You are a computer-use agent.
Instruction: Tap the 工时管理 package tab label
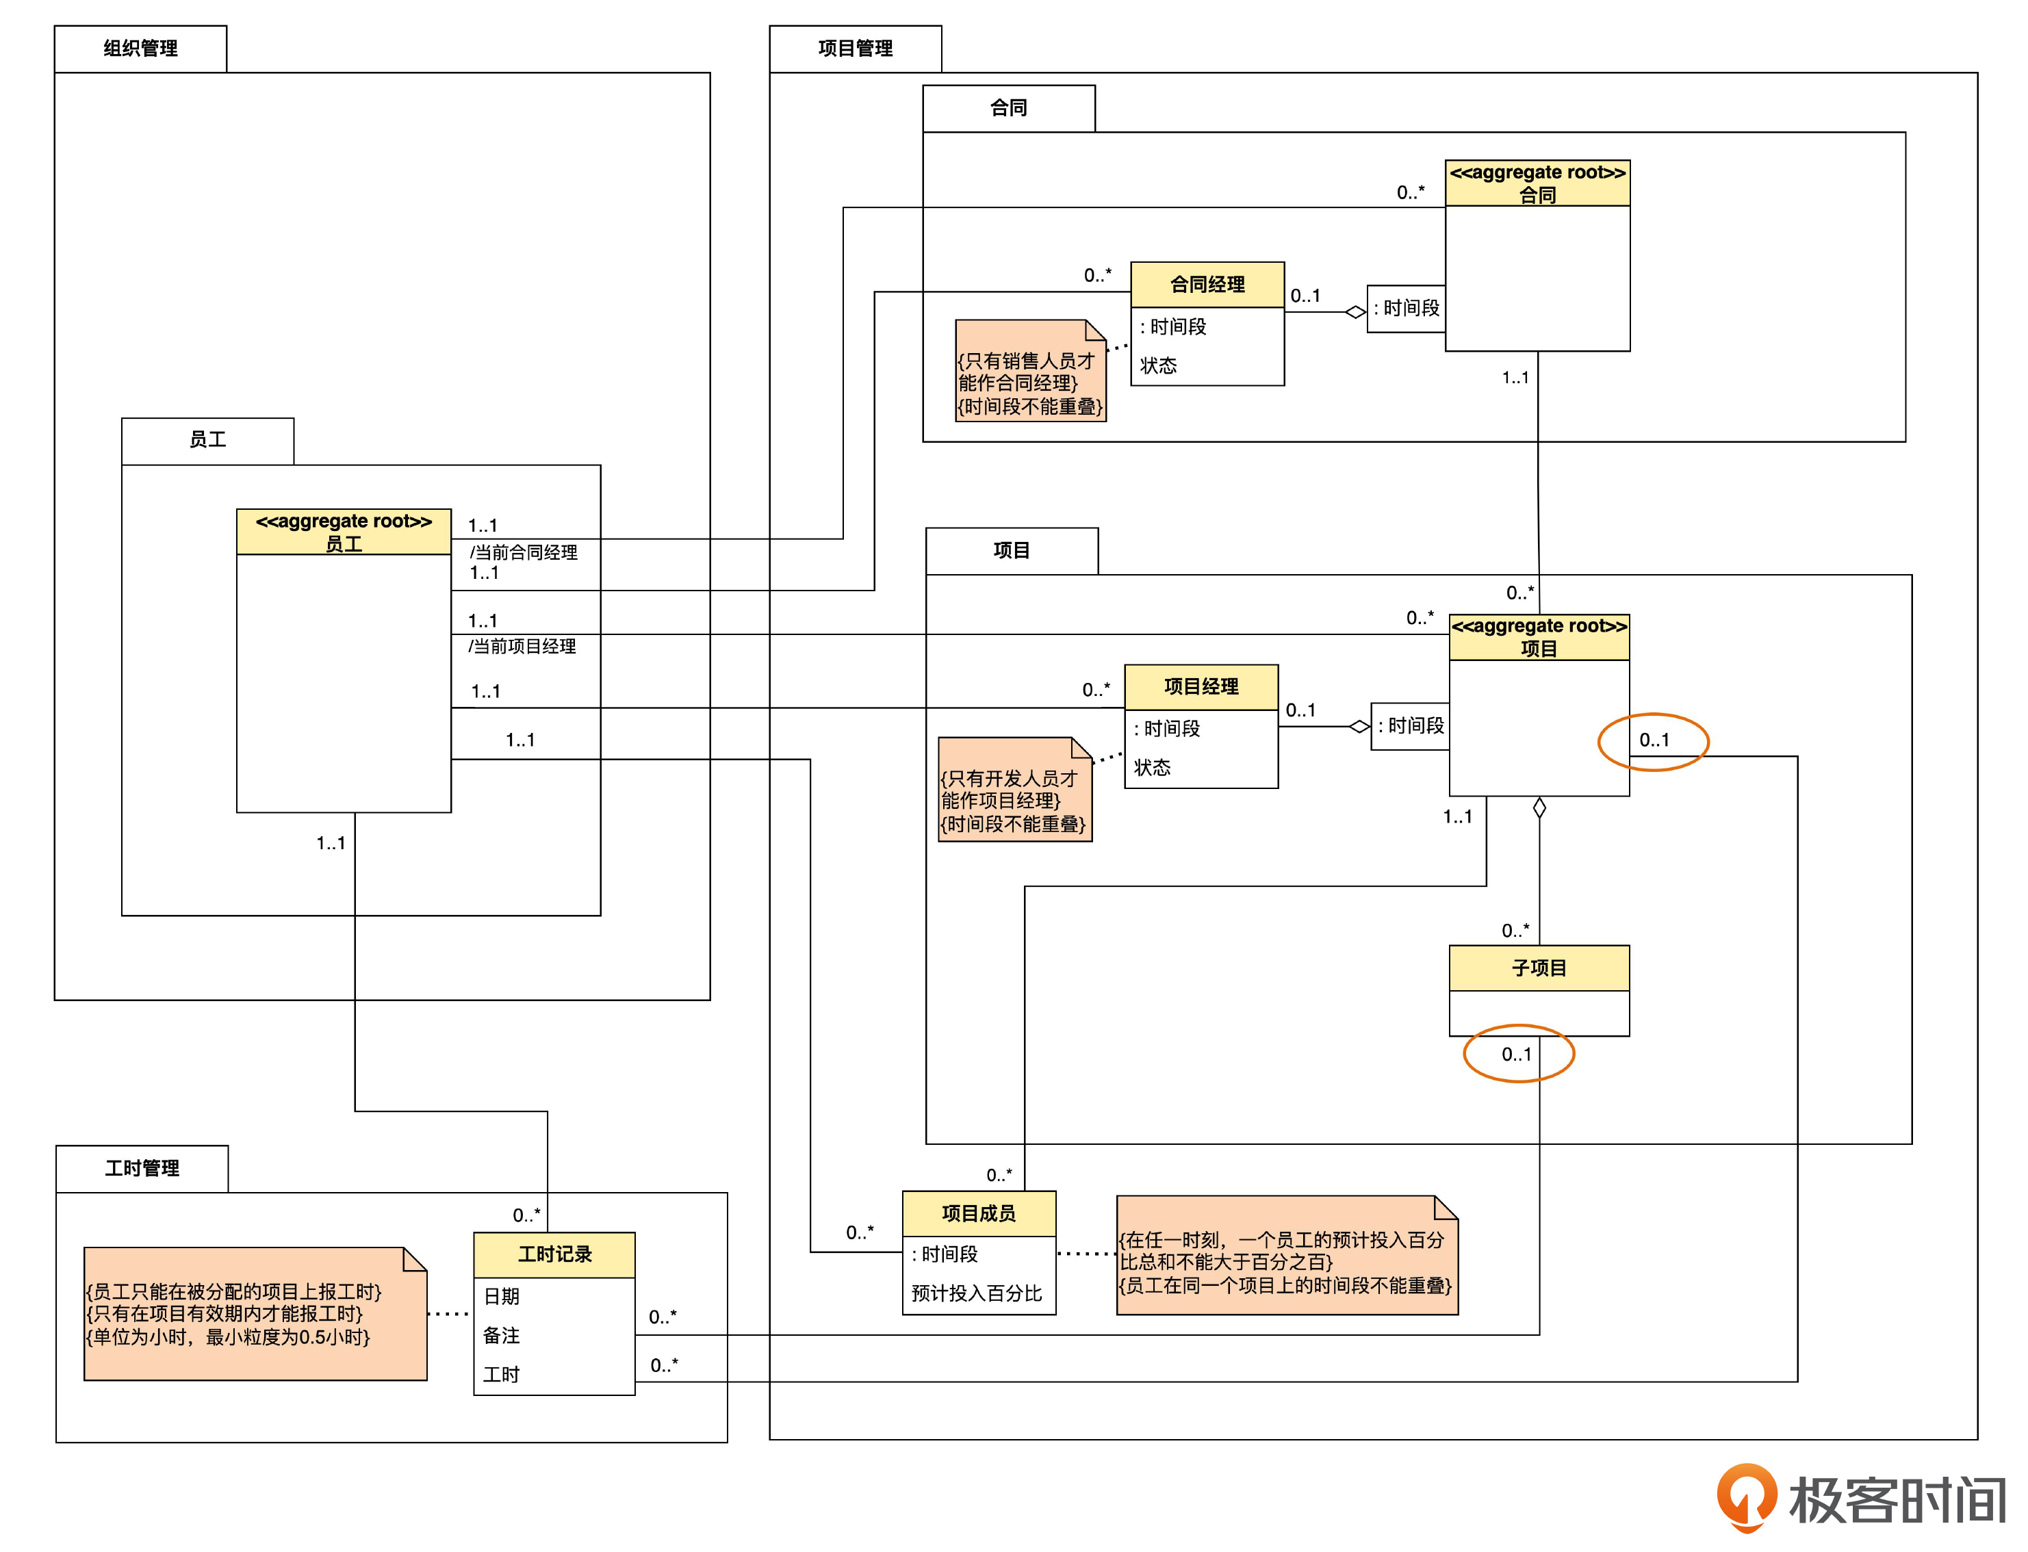[142, 1169]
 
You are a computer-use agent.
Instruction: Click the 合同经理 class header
[1207, 285]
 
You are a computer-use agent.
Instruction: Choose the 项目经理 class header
[1201, 686]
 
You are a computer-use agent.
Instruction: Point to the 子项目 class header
[1539, 968]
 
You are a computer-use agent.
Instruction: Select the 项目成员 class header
[979, 1213]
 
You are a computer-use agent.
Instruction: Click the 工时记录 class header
[554, 1254]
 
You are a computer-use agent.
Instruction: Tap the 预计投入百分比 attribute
[977, 1293]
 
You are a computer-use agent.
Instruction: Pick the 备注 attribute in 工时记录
[502, 1335]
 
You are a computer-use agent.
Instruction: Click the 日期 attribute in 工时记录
[502, 1296]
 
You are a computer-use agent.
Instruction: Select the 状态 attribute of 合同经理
[1159, 366]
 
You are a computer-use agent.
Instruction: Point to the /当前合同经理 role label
[524, 552]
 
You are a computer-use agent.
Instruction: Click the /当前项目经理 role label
[522, 647]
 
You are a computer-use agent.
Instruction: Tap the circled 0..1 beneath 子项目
[1517, 1054]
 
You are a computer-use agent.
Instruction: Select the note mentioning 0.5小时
[255, 1314]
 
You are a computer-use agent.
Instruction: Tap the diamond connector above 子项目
[1539, 808]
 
